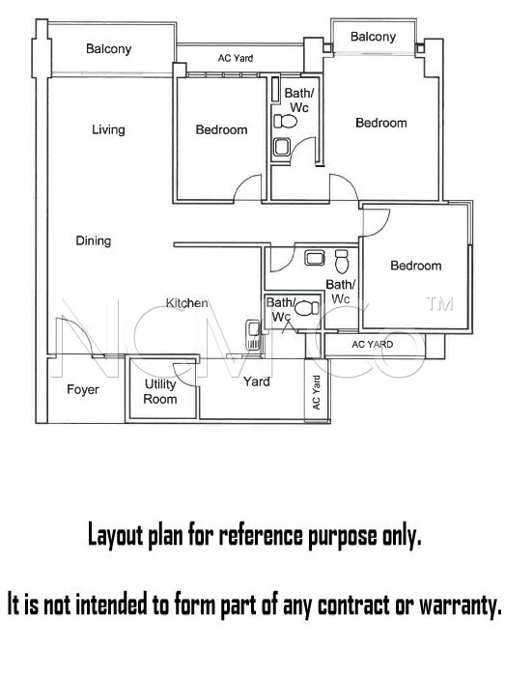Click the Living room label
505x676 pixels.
tap(108, 129)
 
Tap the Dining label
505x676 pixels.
tap(94, 240)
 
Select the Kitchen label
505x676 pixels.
tap(187, 303)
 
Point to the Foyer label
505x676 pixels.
tap(83, 390)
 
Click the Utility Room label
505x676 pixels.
tap(160, 391)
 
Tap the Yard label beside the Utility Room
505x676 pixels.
tap(257, 381)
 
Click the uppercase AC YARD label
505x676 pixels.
tap(373, 345)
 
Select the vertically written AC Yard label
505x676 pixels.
tap(317, 393)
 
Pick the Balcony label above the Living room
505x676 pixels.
tap(108, 48)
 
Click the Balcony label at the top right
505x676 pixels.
tap(373, 37)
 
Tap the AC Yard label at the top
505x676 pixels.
tap(236, 58)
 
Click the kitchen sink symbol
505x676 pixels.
tap(253, 334)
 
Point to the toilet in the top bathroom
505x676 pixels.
tap(285, 122)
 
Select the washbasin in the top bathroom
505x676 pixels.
tap(282, 147)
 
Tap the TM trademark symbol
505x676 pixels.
tap(439, 304)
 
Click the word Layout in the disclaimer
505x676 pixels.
tap(116, 536)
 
